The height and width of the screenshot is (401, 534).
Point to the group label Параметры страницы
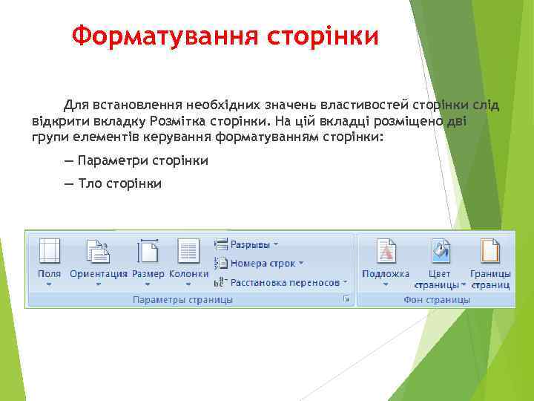pos(182,300)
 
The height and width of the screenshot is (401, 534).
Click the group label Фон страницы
pos(436,300)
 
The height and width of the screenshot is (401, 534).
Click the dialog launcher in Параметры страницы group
pos(346,299)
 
